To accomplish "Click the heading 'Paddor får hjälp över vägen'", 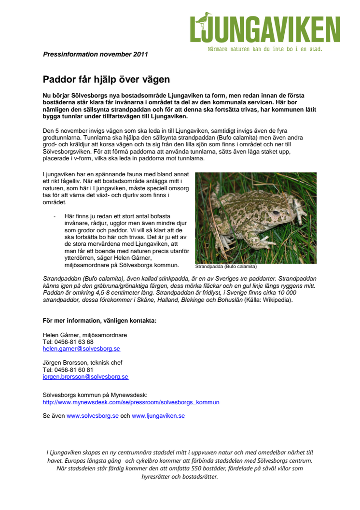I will coord(106,79).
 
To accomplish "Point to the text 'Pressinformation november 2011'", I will coord(95,54).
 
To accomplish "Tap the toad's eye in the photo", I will coord(276,212).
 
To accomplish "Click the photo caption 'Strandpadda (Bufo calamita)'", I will coord(226,266).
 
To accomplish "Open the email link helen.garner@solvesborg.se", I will coord(81,348).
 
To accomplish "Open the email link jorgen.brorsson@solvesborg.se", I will coord(85,376).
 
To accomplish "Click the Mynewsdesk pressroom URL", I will coord(131,402).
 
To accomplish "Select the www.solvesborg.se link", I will coord(93,415).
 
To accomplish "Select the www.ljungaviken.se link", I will coord(158,415).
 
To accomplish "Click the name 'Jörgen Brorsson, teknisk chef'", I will coord(83,363).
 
